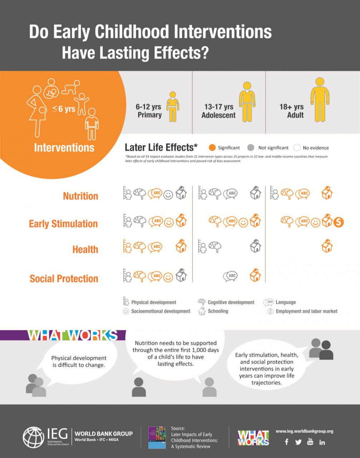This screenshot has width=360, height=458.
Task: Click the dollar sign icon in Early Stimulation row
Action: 338,222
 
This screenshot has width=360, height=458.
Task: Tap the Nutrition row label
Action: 81,196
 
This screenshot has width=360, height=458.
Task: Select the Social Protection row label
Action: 64,279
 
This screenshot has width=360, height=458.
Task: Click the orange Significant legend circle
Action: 212,147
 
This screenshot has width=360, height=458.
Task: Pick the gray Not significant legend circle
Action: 251,147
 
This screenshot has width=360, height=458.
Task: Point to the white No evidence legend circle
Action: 297,147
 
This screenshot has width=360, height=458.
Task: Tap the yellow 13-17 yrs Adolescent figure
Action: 247,102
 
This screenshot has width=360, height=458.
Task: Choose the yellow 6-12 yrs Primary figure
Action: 173,106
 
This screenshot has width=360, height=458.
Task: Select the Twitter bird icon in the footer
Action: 298,442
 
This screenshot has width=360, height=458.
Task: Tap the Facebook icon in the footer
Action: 287,442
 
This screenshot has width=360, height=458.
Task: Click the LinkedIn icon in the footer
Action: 322,442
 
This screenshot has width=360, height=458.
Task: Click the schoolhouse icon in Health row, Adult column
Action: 327,246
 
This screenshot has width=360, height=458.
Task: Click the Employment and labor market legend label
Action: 306,311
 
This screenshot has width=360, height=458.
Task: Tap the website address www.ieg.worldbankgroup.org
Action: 304,431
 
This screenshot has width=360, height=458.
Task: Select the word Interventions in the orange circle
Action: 64,147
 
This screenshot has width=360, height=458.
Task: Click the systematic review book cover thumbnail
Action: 157,437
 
